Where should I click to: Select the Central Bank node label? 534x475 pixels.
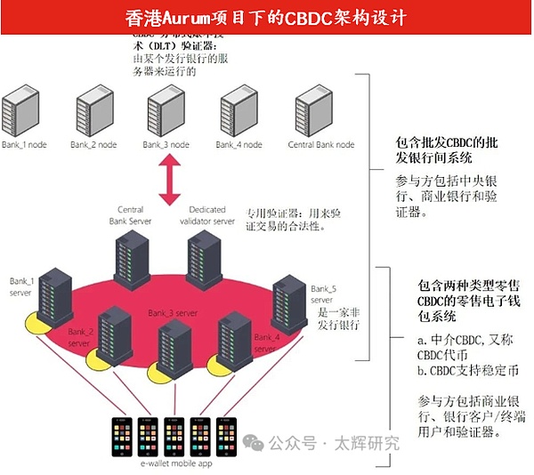(x=321, y=145)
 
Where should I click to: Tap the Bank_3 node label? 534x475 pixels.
(x=166, y=145)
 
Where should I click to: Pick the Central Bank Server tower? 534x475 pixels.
(x=131, y=261)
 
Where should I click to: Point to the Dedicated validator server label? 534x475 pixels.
(x=212, y=215)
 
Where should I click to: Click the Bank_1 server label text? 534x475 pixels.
(x=22, y=287)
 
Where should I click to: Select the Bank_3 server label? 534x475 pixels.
(x=174, y=313)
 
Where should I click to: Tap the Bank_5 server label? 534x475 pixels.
(x=322, y=294)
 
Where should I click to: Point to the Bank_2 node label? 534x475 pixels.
(x=93, y=145)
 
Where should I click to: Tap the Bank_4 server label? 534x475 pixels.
(x=267, y=343)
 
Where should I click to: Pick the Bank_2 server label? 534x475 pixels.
(x=80, y=337)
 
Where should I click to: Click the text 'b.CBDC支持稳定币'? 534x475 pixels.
(x=456, y=368)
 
